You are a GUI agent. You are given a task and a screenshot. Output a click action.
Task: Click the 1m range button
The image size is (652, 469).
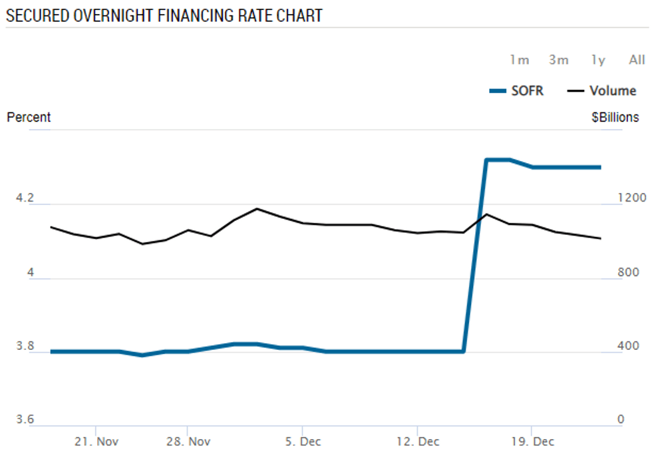pyautogui.click(x=520, y=60)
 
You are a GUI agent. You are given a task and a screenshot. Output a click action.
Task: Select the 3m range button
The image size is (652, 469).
pyautogui.click(x=559, y=60)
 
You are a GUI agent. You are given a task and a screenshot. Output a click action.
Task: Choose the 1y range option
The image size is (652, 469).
pyautogui.click(x=598, y=60)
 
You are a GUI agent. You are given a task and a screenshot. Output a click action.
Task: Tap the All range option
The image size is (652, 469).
pyautogui.click(x=637, y=60)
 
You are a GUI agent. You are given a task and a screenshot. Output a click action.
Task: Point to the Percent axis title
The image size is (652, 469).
pyautogui.click(x=29, y=118)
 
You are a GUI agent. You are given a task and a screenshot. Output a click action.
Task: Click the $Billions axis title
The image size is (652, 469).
pyautogui.click(x=615, y=118)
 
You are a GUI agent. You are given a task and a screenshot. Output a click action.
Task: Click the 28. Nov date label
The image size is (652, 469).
pyautogui.click(x=188, y=442)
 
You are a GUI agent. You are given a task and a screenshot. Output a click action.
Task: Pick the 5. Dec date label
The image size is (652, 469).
pyautogui.click(x=302, y=442)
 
